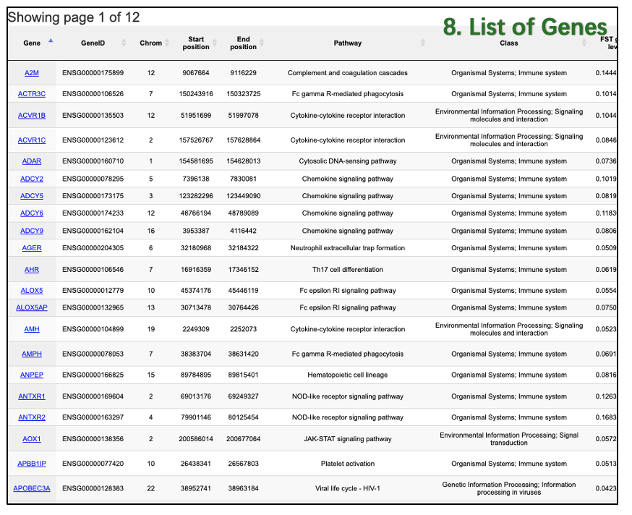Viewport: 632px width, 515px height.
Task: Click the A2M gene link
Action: click(x=32, y=73)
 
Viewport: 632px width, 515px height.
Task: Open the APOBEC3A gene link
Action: click(x=32, y=488)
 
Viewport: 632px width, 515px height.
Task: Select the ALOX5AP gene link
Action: click(x=32, y=307)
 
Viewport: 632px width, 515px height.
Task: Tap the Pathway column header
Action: click(x=347, y=43)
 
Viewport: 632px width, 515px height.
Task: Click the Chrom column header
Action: click(x=151, y=43)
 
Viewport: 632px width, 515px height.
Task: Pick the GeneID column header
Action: click(x=93, y=43)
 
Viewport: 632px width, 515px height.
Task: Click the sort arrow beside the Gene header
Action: click(x=51, y=41)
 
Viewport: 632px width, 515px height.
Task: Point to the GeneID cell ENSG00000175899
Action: click(x=93, y=73)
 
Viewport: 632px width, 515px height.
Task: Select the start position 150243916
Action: click(x=196, y=94)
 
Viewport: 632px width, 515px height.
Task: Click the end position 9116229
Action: click(x=243, y=73)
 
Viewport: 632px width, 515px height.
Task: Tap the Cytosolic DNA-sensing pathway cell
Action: click(x=347, y=161)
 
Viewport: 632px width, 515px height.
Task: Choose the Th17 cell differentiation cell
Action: click(x=347, y=270)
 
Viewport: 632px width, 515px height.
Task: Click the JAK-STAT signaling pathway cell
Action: click(x=347, y=439)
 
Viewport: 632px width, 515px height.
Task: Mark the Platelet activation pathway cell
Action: click(x=347, y=464)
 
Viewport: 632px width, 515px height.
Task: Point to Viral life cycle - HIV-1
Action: click(x=347, y=488)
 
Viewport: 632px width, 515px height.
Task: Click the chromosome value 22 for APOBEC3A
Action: click(x=151, y=488)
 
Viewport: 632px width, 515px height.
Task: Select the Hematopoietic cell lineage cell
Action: click(x=347, y=375)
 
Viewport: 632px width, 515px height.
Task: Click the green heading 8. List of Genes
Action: click(x=525, y=27)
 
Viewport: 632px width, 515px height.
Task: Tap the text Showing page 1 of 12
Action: click(x=74, y=17)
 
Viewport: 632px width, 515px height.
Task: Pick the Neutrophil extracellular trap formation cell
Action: click(x=347, y=248)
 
